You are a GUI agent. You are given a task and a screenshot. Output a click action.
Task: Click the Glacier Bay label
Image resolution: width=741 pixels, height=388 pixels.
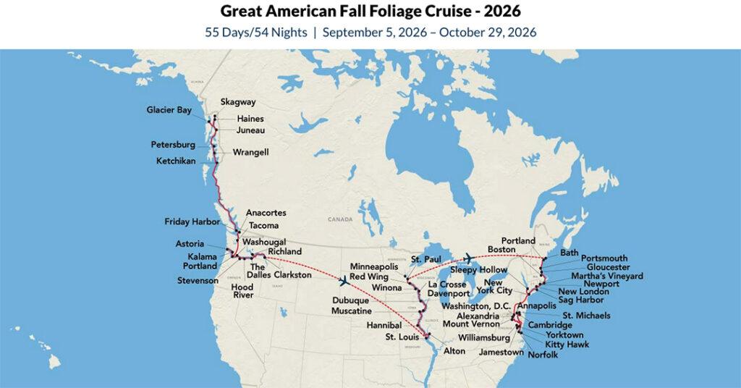pos(169,110)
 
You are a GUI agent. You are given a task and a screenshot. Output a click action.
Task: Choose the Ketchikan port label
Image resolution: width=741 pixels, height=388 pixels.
pos(176,160)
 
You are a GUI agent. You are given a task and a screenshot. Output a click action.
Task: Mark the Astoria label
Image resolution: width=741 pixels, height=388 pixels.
pos(190,244)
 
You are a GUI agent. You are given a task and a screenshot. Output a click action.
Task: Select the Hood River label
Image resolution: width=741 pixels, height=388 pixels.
pos(242,292)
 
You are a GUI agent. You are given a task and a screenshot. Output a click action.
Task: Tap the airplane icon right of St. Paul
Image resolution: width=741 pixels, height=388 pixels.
pos(467,257)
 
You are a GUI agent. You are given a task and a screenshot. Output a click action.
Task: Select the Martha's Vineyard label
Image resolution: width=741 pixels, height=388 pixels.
pos(606,276)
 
